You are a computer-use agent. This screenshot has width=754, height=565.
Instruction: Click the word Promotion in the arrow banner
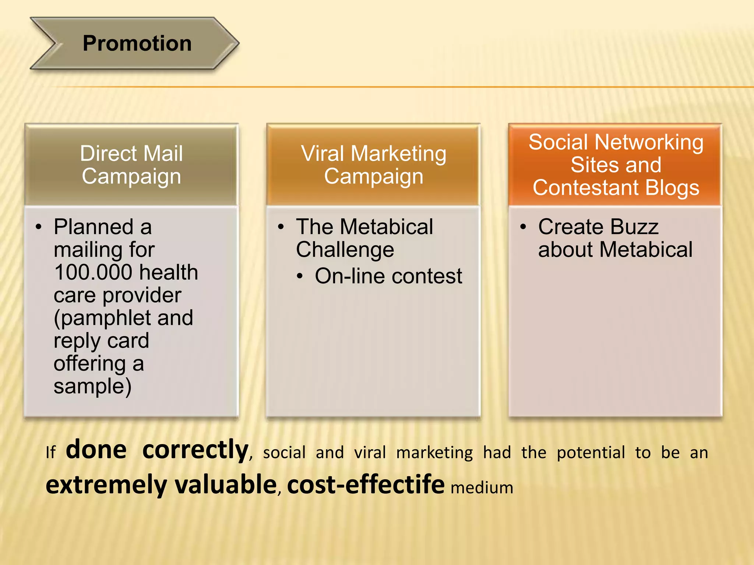(137, 43)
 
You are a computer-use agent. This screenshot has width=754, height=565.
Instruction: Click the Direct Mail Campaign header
(131, 164)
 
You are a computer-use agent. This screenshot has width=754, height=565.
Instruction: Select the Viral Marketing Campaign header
(373, 164)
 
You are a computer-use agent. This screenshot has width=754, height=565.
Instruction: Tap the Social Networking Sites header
(616, 164)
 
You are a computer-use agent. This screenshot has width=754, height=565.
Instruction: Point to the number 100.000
(93, 272)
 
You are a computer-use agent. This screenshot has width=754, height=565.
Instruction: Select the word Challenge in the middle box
(345, 250)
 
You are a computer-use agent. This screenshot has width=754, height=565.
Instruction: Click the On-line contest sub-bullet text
(388, 276)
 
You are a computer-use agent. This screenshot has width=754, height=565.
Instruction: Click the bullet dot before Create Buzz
(523, 227)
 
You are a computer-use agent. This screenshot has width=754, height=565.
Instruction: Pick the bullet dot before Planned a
(38, 227)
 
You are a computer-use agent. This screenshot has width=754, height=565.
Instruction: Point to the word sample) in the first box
(92, 386)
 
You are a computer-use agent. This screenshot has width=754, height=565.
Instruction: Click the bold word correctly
(195, 450)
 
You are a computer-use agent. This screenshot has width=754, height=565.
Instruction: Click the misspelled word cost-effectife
(366, 485)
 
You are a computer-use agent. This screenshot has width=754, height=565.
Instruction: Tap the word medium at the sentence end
(482, 488)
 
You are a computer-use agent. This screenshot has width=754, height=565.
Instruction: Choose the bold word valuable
(226, 485)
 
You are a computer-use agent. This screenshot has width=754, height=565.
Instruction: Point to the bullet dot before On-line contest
(300, 276)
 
